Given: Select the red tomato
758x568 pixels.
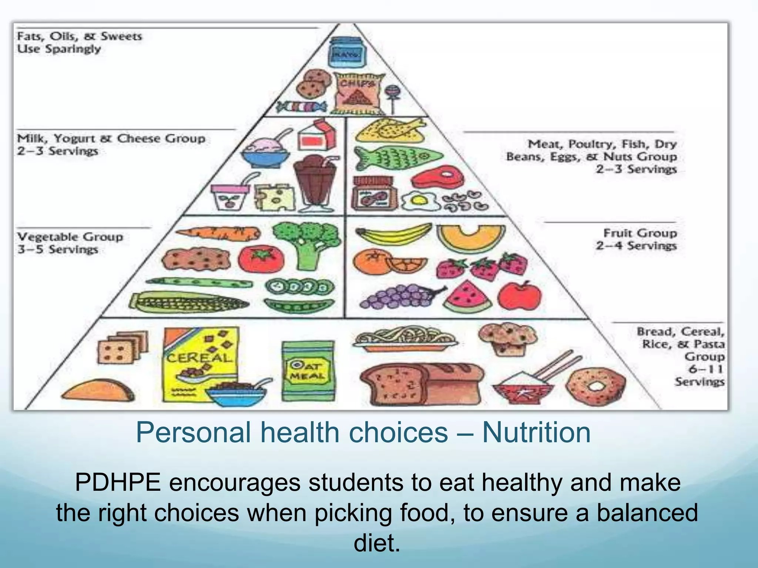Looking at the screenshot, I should (261, 258).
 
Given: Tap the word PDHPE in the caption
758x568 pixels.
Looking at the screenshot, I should (118, 483).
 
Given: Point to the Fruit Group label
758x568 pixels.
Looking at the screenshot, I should (640, 233).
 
